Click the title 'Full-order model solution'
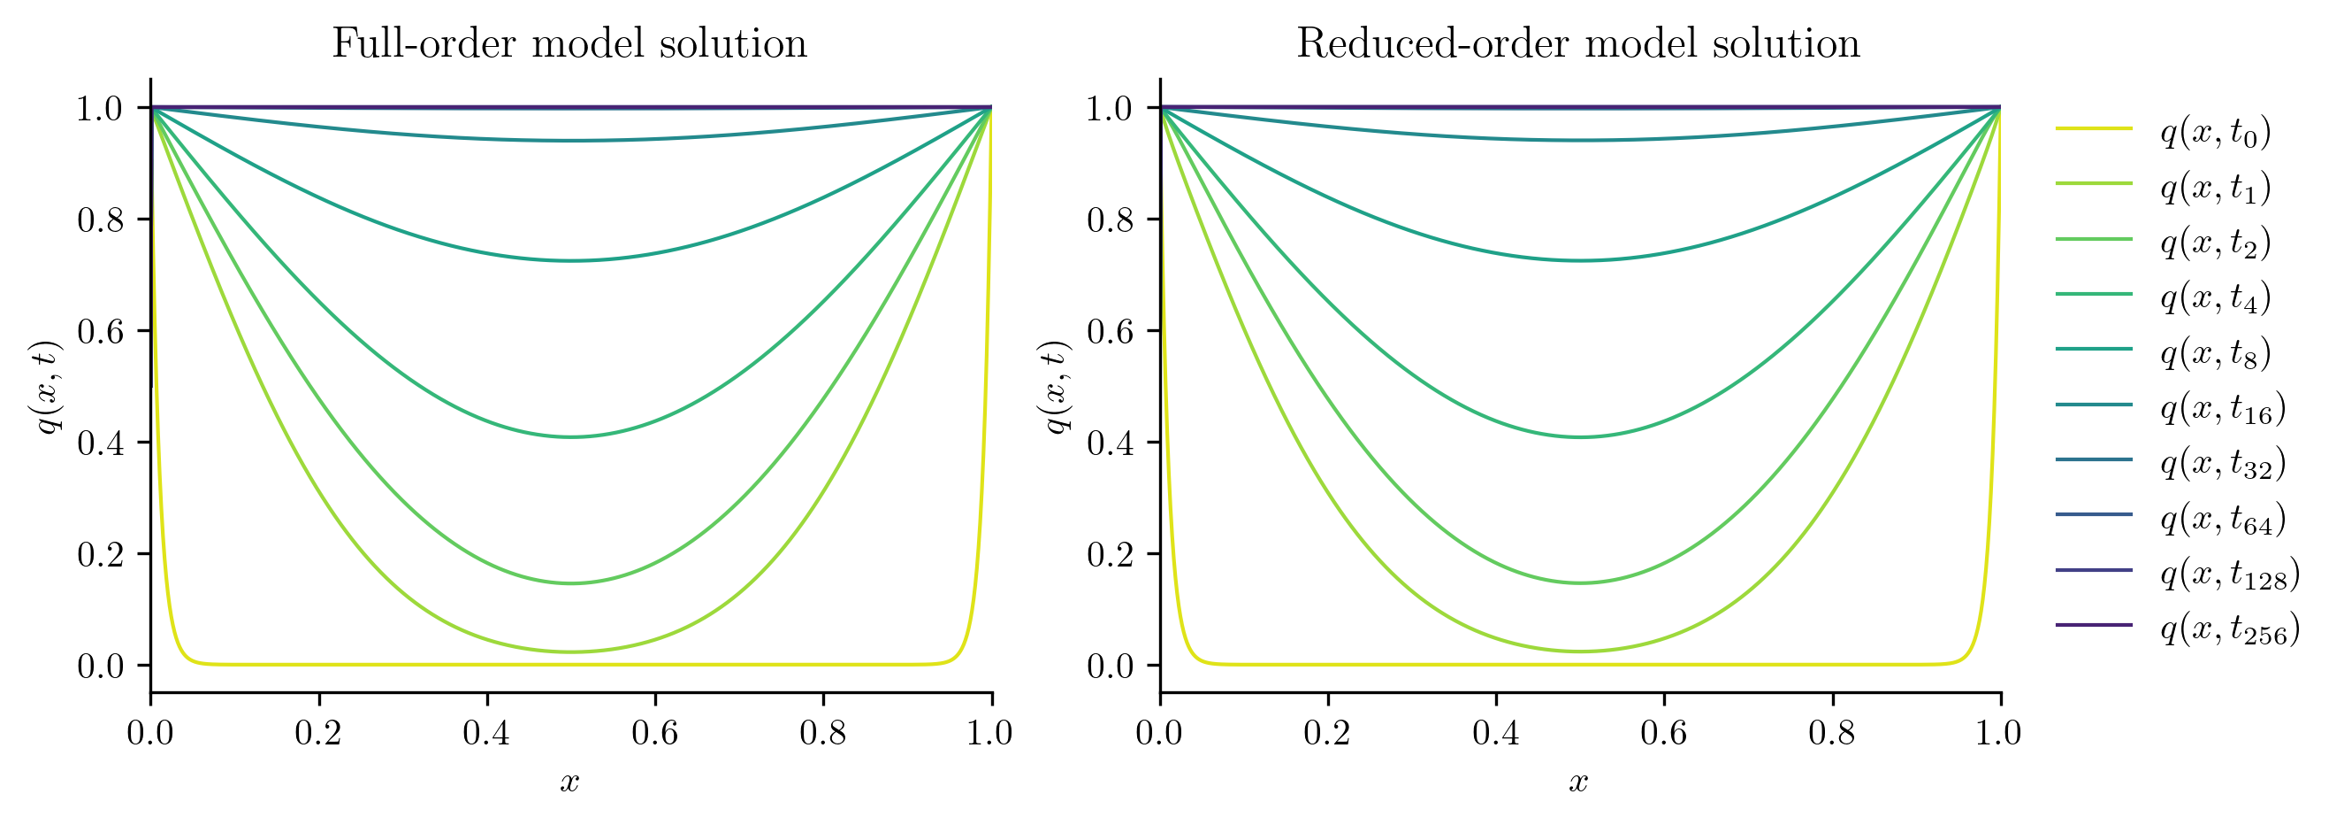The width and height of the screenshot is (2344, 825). click(x=569, y=43)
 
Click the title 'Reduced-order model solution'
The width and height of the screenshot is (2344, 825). click(x=1577, y=43)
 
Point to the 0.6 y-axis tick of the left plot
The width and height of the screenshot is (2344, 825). click(x=99, y=331)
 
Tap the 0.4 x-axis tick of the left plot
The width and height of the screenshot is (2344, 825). click(x=487, y=733)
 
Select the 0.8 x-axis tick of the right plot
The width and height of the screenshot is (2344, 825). click(x=1833, y=733)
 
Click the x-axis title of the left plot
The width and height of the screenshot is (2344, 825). click(x=569, y=782)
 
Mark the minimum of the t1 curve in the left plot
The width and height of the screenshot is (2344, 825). click(x=570, y=652)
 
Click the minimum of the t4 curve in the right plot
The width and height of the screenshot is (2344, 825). click(x=1581, y=437)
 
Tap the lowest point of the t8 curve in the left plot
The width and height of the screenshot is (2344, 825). click(x=570, y=261)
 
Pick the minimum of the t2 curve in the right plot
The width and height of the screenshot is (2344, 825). click(x=1581, y=582)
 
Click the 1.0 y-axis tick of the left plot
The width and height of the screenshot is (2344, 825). click(x=99, y=109)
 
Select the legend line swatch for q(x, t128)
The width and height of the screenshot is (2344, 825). click(x=2094, y=570)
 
